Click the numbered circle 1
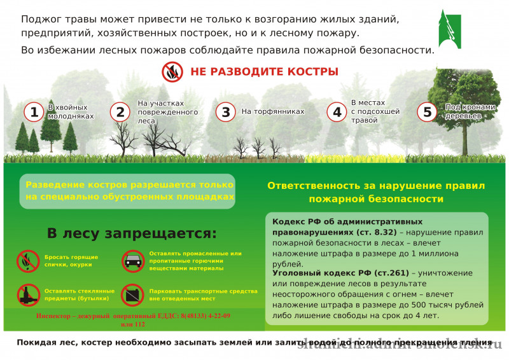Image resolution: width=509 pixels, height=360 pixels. (34, 112)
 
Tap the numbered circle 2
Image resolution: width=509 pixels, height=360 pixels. (120, 112)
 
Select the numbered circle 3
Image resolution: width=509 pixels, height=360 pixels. (225, 112)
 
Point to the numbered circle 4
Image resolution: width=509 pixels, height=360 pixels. (337, 112)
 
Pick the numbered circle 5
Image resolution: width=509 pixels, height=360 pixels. (427, 112)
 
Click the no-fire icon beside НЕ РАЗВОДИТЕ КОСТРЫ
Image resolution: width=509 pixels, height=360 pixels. (172, 72)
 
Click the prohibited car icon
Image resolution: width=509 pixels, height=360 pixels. (132, 260)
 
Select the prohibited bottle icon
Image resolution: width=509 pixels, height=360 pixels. (27, 294)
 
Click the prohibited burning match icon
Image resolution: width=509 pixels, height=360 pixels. (27, 260)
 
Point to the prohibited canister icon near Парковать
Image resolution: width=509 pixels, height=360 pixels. (132, 294)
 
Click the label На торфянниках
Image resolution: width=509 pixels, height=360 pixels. (273, 111)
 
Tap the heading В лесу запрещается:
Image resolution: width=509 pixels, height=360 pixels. (131, 233)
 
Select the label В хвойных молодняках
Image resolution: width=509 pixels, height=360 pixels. (71, 111)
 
